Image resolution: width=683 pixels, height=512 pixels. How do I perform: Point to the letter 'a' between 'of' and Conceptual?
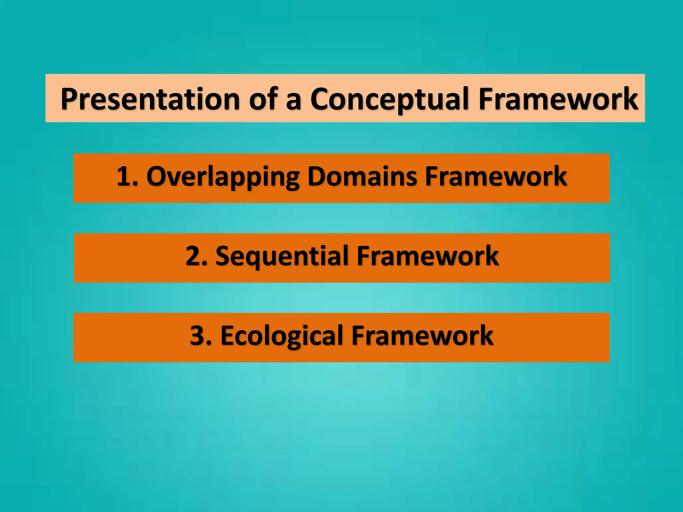[293, 102]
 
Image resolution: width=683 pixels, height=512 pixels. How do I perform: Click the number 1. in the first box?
[127, 177]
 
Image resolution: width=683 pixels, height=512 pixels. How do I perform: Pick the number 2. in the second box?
[196, 256]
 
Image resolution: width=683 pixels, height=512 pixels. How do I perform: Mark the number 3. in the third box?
[201, 336]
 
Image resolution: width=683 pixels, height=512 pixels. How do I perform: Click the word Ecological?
[282, 336]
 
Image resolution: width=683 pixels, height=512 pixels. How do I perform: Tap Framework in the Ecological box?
[422, 336]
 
